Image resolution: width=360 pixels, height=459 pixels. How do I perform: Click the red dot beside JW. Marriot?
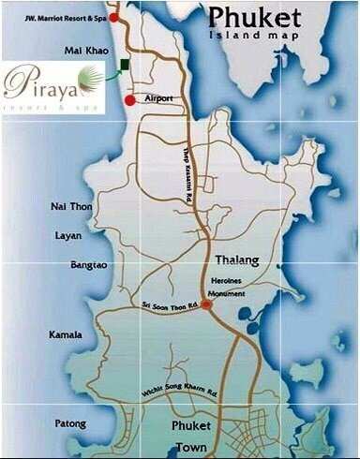click(114, 17)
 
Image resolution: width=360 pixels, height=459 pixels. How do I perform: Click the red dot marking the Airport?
click(129, 99)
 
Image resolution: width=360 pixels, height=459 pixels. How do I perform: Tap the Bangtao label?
click(89, 265)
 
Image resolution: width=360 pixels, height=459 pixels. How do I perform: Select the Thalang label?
click(235, 259)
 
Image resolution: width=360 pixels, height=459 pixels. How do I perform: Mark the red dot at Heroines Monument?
click(206, 304)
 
